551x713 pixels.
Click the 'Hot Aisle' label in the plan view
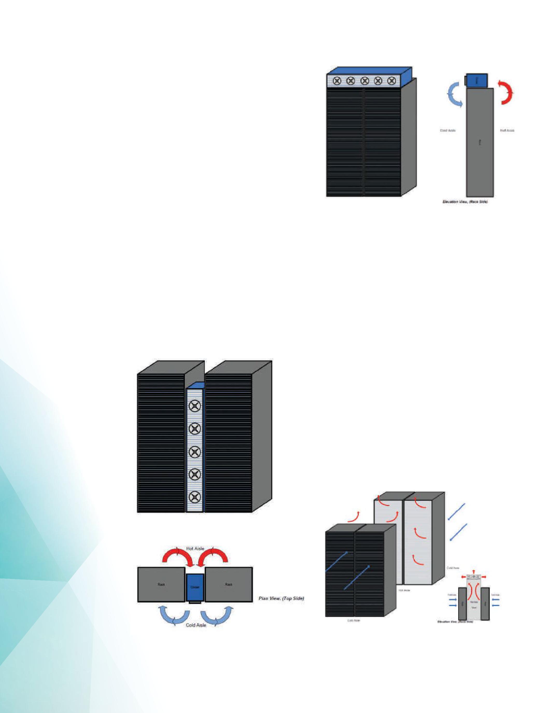tap(195, 548)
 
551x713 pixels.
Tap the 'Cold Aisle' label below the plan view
tap(196, 625)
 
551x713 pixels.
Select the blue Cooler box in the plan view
tap(195, 587)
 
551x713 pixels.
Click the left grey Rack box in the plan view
tap(161, 584)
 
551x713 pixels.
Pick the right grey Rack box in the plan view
tap(229, 584)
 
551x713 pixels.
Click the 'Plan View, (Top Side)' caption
tap(281, 598)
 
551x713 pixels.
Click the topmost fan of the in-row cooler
tap(195, 406)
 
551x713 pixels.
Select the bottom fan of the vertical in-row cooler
tap(195, 498)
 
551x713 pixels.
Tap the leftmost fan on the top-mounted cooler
tap(337, 81)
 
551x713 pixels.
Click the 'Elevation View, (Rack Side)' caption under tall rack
tap(465, 202)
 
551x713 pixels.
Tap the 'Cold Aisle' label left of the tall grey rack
tap(448, 131)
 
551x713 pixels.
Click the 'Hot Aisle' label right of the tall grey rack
tap(507, 131)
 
